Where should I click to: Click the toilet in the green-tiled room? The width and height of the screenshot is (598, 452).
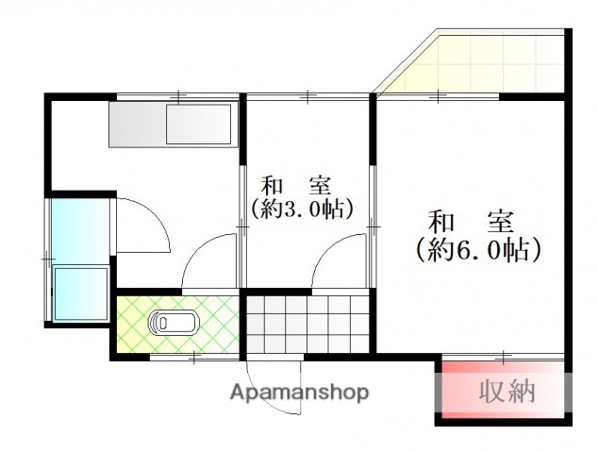point(172,324)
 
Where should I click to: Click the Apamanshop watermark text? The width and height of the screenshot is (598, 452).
point(299,393)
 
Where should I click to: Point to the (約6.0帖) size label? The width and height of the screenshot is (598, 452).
point(478,250)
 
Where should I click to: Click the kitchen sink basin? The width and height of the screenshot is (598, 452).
point(198,125)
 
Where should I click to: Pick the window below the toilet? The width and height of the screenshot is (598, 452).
point(192,356)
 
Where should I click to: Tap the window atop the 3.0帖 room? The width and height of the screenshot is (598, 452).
point(306,96)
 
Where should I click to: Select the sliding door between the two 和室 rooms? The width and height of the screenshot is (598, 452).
point(373,226)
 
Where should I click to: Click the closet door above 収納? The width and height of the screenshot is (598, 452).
point(504,357)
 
